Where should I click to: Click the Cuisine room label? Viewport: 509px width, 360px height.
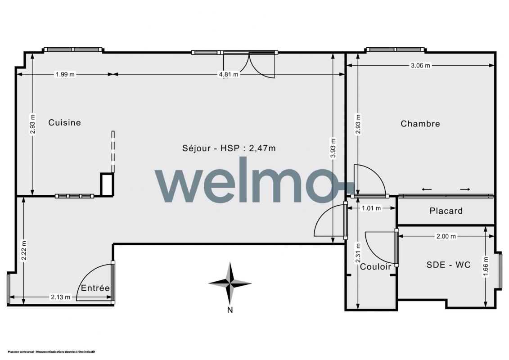pyautogui.click(x=65, y=122)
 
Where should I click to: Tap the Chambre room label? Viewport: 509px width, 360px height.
pyautogui.click(x=420, y=124)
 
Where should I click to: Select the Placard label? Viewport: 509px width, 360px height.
pyautogui.click(x=446, y=211)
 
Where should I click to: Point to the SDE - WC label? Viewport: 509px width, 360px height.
pyautogui.click(x=448, y=265)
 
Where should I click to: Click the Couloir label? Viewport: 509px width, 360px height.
pyautogui.click(x=376, y=267)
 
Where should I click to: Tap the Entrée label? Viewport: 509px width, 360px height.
pyautogui.click(x=95, y=288)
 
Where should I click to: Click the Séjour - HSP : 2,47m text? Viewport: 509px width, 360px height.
pyautogui.click(x=229, y=148)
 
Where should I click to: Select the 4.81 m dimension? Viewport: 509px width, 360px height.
pyautogui.click(x=229, y=74)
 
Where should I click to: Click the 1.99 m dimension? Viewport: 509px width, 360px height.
pyautogui.click(x=65, y=74)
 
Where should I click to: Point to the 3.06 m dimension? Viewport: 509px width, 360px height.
pyautogui.click(x=420, y=66)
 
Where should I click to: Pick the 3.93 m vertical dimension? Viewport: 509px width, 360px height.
pyautogui.click(x=333, y=148)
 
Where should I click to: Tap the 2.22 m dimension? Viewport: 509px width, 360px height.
pyautogui.click(x=23, y=250)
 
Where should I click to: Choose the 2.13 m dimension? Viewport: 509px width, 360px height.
pyautogui.click(x=60, y=297)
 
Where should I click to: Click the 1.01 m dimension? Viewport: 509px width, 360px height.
pyautogui.click(x=371, y=208)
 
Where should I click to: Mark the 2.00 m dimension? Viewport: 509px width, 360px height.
pyautogui.click(x=446, y=236)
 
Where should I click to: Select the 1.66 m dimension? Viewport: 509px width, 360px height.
pyautogui.click(x=486, y=267)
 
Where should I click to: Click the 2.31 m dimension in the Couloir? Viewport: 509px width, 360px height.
pyautogui.click(x=358, y=253)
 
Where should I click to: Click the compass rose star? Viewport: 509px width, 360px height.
pyautogui.click(x=230, y=283)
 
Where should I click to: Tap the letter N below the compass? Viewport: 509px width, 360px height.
pyautogui.click(x=230, y=310)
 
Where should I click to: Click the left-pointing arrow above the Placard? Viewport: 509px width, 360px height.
pyautogui.click(x=427, y=189)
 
